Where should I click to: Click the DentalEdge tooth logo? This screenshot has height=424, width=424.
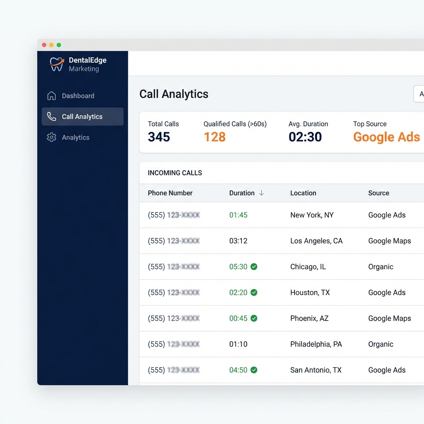[57, 64]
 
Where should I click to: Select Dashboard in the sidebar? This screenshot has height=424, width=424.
[78, 96]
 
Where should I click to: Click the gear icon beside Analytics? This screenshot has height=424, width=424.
[51, 137]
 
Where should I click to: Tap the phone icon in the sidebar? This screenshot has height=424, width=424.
[51, 117]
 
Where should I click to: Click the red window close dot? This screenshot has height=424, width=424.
[44, 45]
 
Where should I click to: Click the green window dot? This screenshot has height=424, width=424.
[59, 45]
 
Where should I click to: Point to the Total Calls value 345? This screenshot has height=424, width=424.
[159, 137]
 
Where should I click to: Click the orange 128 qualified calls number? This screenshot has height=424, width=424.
[214, 137]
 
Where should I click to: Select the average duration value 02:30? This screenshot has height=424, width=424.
[305, 137]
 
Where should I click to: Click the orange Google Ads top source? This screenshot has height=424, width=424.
[386, 137]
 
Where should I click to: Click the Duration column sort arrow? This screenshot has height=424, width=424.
[261, 193]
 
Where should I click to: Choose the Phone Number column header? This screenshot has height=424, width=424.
[170, 193]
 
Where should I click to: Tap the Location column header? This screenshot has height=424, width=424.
[303, 193]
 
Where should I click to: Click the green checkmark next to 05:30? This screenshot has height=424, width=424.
[254, 267]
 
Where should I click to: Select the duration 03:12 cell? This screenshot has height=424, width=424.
[238, 241]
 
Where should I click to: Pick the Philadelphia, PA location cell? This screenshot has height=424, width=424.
[316, 344]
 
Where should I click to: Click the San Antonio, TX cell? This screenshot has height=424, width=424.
[316, 370]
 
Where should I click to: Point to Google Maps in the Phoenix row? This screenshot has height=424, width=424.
[390, 318]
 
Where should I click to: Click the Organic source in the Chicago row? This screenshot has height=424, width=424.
[381, 267]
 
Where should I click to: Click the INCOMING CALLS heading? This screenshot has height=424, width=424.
[175, 173]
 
